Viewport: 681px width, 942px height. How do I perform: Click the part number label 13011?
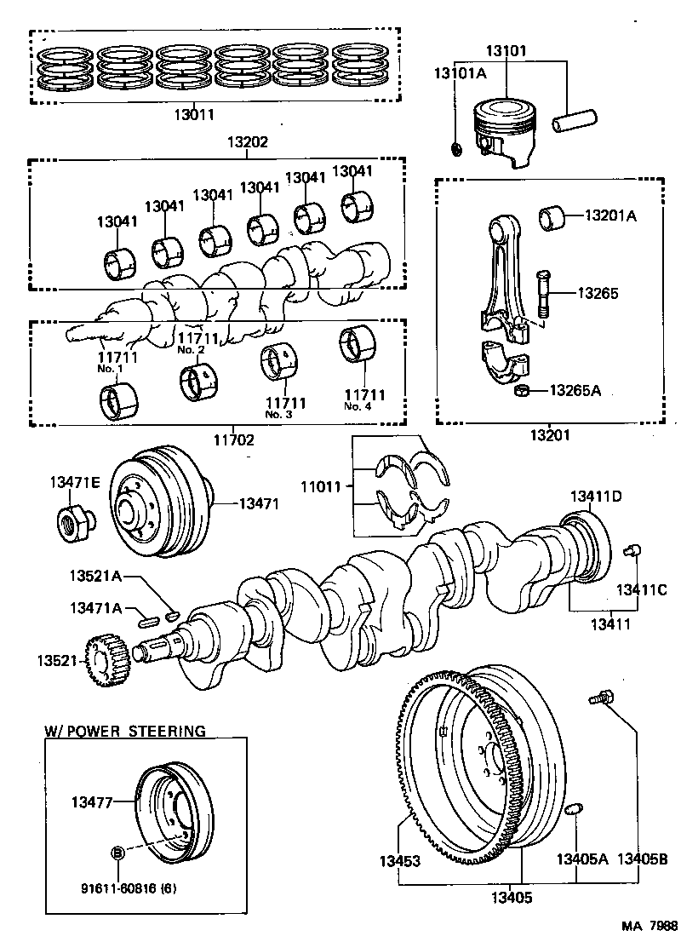[194, 112]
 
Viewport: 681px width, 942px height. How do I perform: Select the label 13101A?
[460, 74]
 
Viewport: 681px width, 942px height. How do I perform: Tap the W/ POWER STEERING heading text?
[125, 731]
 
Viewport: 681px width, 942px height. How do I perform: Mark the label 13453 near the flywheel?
[400, 861]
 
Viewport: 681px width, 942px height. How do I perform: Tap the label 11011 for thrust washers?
[319, 487]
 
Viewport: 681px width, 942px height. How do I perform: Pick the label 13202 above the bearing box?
[247, 142]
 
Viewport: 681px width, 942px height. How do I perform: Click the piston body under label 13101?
[502, 132]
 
